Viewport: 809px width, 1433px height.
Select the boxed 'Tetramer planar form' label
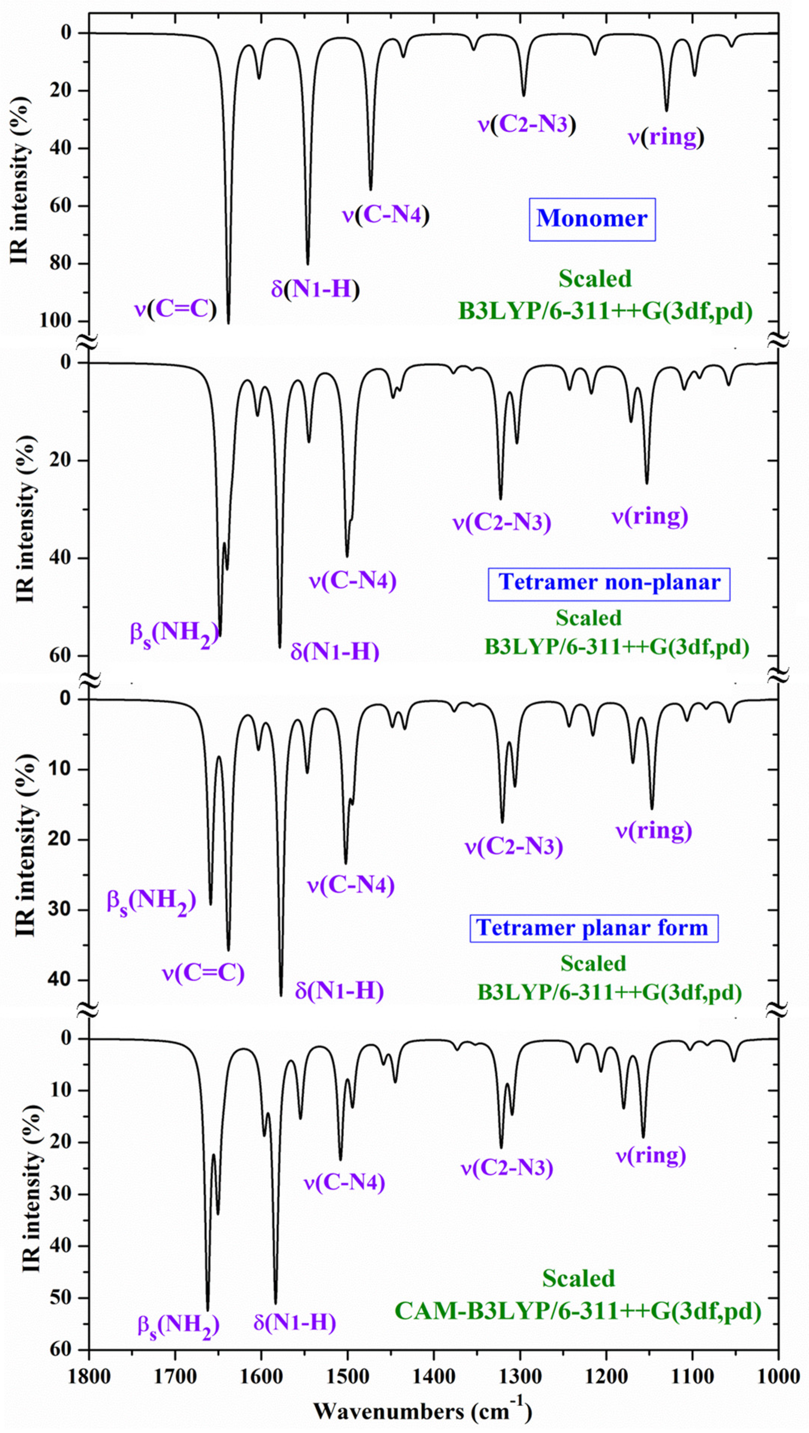tap(593, 928)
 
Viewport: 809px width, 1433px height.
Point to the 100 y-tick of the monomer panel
tap(56, 321)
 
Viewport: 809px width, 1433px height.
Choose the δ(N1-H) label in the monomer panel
tap(315, 289)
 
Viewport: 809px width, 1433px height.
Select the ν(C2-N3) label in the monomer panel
tap(526, 124)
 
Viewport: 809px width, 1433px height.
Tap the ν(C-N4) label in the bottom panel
tap(344, 1182)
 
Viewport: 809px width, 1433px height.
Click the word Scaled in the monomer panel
tap(595, 279)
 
